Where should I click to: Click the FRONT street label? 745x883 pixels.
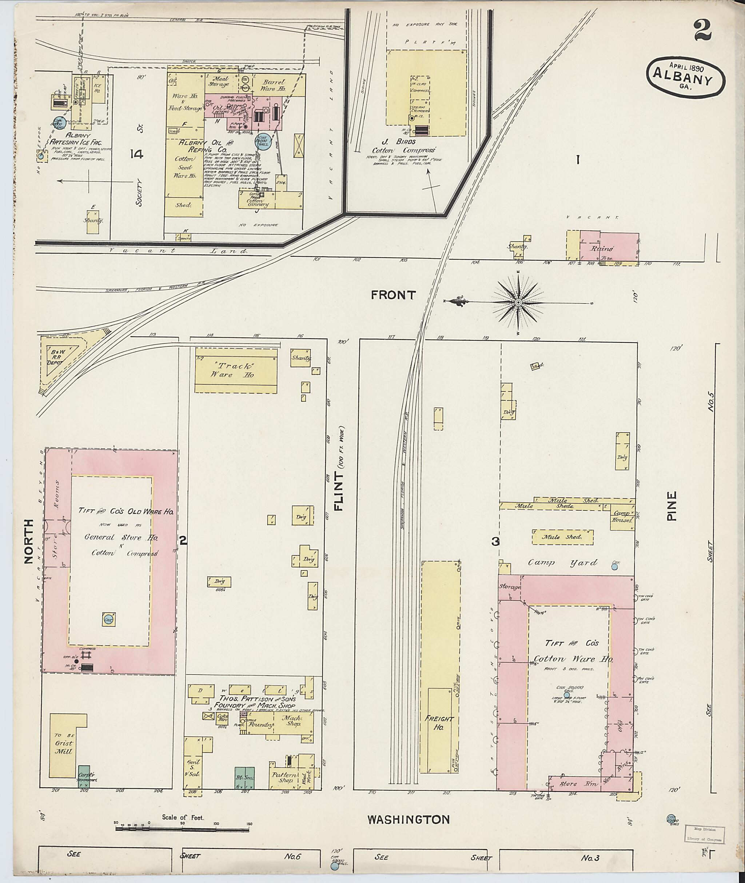pos(394,296)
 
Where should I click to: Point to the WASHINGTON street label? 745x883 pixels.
pos(409,820)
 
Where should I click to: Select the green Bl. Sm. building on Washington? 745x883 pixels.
pos(244,778)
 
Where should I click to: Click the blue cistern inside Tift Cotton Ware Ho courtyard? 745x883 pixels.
pos(567,695)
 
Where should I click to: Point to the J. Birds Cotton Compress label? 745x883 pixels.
pos(403,146)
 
